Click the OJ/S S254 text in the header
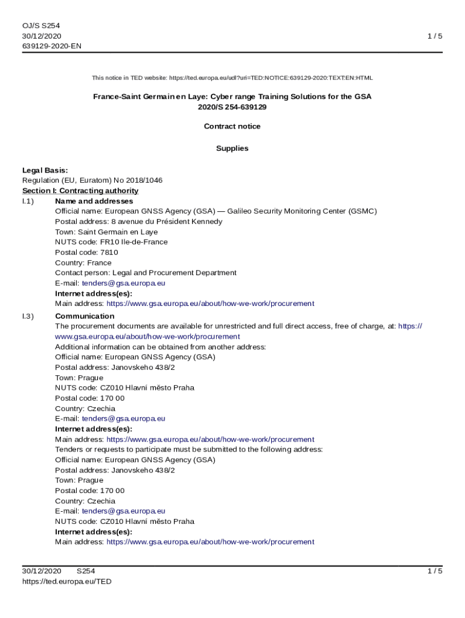[x=41, y=25]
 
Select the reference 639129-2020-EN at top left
[x=51, y=46]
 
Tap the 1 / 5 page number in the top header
[x=435, y=36]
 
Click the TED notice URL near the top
[x=271, y=78]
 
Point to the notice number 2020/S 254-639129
[x=232, y=107]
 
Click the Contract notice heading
[x=232, y=126]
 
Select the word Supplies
[x=232, y=148]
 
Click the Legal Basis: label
[x=45, y=170]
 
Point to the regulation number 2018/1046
[x=143, y=180]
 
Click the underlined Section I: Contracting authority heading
[x=80, y=191]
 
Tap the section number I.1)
[x=28, y=201]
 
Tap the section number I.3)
[x=28, y=316]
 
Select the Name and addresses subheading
[x=94, y=201]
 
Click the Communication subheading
[x=85, y=316]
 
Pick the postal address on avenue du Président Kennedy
[x=138, y=221]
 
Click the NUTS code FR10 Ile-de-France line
[x=111, y=242]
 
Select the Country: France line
[x=83, y=263]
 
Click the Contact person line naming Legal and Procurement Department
[x=146, y=273]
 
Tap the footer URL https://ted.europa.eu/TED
[x=66, y=581]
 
